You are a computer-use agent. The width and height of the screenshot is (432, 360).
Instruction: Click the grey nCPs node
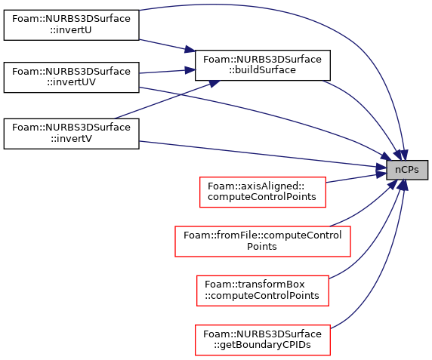pyautogui.click(x=407, y=170)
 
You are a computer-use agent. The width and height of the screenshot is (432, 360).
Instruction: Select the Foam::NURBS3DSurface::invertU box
pyautogui.click(x=71, y=25)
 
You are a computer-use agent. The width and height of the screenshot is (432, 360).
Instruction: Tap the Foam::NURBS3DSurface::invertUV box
pyautogui.click(x=71, y=77)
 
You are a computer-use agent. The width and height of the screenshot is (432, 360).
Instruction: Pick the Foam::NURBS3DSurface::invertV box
pyautogui.click(x=71, y=134)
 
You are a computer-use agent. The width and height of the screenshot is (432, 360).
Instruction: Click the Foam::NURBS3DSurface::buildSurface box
pyautogui.click(x=263, y=65)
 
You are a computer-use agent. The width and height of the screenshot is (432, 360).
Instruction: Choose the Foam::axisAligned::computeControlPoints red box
pyautogui.click(x=263, y=192)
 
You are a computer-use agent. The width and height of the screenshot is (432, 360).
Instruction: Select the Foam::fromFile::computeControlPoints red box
pyautogui.click(x=263, y=242)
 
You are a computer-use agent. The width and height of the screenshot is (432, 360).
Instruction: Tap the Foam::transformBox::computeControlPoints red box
pyautogui.click(x=263, y=291)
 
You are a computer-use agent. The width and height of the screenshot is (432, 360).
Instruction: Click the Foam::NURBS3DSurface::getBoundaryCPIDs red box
pyautogui.click(x=263, y=340)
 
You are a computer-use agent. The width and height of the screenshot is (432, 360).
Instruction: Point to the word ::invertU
pyautogui.click(x=71, y=30)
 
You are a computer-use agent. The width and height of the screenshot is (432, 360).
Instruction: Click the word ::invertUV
pyautogui.click(x=71, y=82)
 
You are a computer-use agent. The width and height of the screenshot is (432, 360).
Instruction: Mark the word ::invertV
pyautogui.click(x=71, y=138)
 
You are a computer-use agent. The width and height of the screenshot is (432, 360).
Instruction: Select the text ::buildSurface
pyautogui.click(x=263, y=70)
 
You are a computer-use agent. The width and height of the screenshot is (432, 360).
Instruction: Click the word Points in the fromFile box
pyautogui.click(x=262, y=246)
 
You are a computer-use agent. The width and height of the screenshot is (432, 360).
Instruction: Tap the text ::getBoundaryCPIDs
pyautogui.click(x=262, y=345)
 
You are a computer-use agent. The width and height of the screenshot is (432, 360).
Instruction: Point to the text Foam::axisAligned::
pyautogui.click(x=256, y=186)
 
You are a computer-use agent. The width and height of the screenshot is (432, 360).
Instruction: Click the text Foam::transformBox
pyautogui.click(x=255, y=285)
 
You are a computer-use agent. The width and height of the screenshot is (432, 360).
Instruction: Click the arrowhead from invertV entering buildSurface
pyautogui.click(x=214, y=83)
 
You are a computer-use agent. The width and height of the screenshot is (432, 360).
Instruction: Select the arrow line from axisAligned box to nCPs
pyautogui.click(x=356, y=177)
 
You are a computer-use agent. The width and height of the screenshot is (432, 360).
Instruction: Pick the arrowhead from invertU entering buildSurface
pyautogui.click(x=190, y=49)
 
